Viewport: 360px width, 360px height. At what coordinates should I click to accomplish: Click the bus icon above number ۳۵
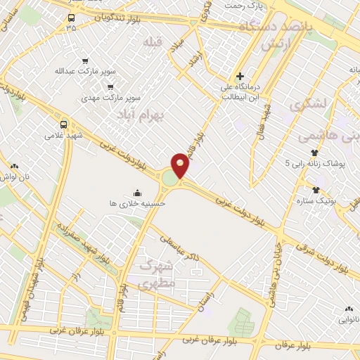pos(71,18)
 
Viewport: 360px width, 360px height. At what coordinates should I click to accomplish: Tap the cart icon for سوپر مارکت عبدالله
pos(86,61)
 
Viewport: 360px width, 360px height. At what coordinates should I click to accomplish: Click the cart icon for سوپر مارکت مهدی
pos(110,87)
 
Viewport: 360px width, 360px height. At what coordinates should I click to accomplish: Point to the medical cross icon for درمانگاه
pos(240,76)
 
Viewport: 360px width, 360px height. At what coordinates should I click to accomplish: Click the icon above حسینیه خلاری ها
pos(136,193)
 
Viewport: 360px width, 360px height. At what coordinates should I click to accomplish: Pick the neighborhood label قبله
pos(153,42)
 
